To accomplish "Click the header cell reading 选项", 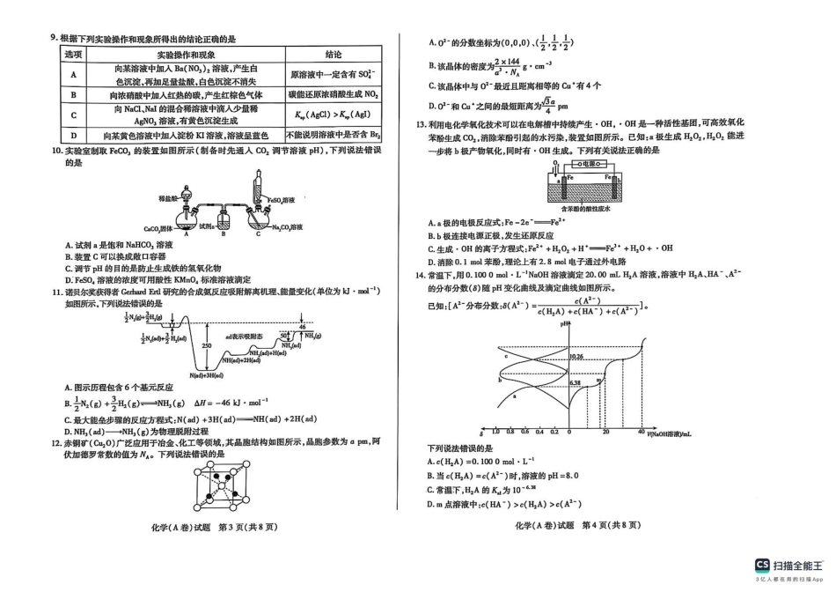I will tap(73, 55).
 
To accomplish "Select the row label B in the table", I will tap(73, 94).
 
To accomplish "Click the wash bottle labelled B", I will tap(224, 218).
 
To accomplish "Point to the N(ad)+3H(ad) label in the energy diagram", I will tap(207, 375).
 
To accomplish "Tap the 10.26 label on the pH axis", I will tap(577, 357).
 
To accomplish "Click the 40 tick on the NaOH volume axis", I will tap(640, 432).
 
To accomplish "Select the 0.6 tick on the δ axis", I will tap(524, 432).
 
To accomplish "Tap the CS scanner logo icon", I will tap(762, 564).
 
